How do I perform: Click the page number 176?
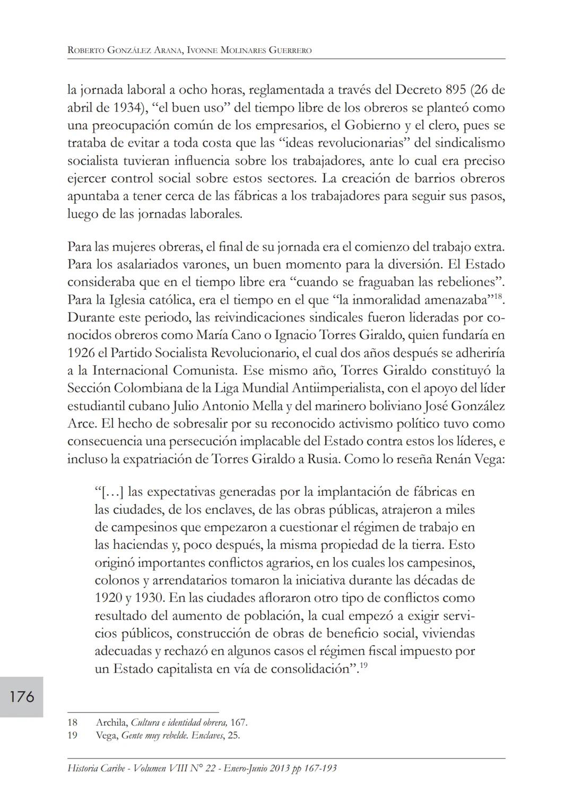point(22,696)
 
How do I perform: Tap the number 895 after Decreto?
point(457,90)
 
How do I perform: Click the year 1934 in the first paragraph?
point(119,108)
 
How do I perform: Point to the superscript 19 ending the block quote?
point(363,665)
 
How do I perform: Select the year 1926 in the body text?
point(81,353)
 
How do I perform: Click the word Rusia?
point(323,459)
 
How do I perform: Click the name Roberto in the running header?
point(85,51)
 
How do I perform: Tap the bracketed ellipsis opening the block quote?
point(111,492)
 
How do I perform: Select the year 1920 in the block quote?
point(108,598)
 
